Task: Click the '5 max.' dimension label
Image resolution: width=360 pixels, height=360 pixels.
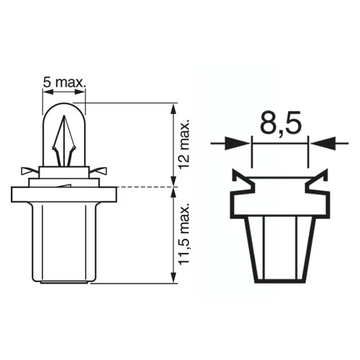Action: click(x=64, y=83)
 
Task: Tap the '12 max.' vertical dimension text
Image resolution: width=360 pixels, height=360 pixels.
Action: click(x=184, y=144)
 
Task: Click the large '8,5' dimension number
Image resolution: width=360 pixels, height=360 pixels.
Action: click(x=281, y=122)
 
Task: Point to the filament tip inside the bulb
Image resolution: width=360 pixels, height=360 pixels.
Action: click(x=64, y=116)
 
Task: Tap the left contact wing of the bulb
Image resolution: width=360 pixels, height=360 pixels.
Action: click(x=30, y=171)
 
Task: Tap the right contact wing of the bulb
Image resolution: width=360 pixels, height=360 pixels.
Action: click(x=99, y=171)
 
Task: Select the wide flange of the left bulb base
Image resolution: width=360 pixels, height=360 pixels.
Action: click(x=64, y=194)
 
